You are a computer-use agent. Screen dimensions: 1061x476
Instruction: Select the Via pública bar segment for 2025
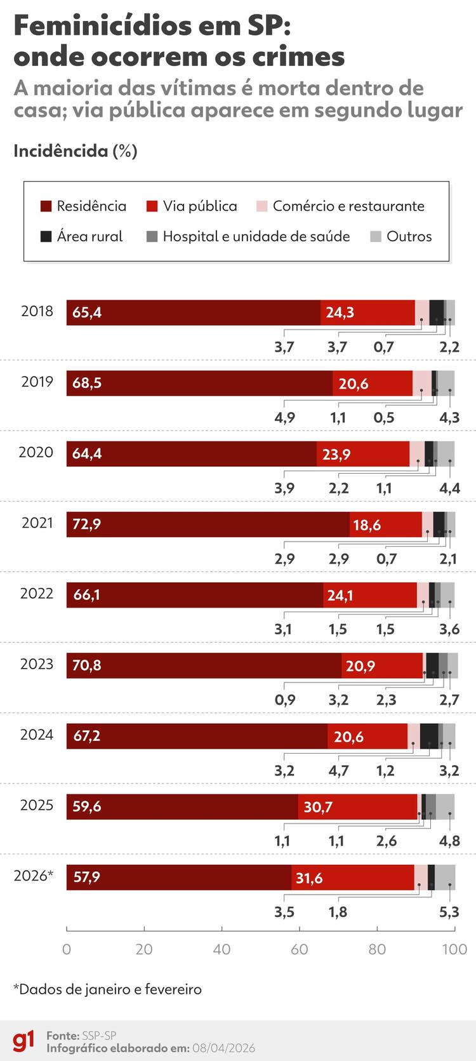357,806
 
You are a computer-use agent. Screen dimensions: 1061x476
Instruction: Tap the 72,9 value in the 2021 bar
86,524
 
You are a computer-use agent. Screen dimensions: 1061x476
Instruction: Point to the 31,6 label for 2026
309,877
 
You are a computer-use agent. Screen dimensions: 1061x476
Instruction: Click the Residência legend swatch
46,206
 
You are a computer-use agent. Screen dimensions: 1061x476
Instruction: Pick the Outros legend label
409,237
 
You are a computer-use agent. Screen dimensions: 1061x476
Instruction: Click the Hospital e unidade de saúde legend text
256,237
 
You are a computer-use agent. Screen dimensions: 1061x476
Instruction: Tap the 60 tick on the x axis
299,949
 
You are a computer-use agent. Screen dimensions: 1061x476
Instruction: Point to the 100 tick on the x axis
454,949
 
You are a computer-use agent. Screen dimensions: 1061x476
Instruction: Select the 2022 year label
37,594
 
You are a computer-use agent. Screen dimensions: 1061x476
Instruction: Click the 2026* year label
34,876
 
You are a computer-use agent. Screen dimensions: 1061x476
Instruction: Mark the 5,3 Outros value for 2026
449,912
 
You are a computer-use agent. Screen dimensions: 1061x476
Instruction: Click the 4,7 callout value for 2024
339,771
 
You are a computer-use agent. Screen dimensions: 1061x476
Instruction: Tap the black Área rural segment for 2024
429,736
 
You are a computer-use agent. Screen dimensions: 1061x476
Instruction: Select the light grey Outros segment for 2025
445,806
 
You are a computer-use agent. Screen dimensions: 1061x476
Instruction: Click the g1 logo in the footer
24,1041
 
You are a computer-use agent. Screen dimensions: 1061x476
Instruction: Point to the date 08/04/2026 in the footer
222,1048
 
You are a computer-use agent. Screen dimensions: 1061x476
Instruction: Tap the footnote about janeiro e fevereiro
107,989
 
